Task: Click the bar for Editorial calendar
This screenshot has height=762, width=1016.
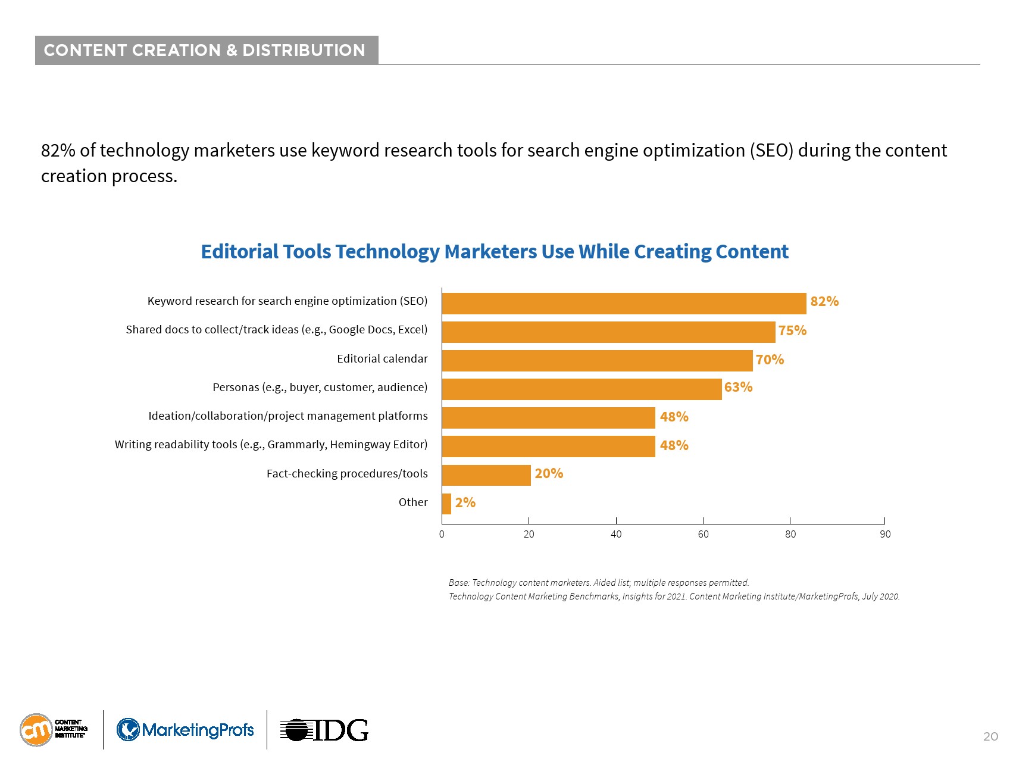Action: click(x=597, y=361)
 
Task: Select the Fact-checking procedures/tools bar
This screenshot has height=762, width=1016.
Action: click(x=486, y=475)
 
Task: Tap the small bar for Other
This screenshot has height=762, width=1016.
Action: click(x=446, y=504)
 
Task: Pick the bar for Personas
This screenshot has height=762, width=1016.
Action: click(x=582, y=389)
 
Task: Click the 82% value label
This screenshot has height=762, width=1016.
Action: click(x=824, y=301)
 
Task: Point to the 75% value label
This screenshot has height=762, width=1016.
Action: click(x=792, y=330)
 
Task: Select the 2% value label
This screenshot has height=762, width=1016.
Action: click(x=465, y=502)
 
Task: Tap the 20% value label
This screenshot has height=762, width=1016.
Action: click(x=549, y=473)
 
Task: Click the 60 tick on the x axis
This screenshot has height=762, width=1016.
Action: click(x=703, y=534)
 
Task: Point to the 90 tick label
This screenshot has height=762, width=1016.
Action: click(x=885, y=534)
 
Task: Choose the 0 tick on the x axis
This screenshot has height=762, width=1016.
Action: click(x=442, y=534)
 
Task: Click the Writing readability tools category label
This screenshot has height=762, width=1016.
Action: click(x=271, y=445)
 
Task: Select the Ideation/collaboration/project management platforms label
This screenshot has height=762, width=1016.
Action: click(x=287, y=416)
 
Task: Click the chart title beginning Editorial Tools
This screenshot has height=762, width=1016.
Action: click(x=495, y=252)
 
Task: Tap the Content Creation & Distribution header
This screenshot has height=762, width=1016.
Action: click(x=205, y=50)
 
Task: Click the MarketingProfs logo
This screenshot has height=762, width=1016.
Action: click(x=185, y=730)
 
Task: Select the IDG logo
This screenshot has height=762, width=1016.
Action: click(x=324, y=730)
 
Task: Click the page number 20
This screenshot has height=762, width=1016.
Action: click(x=990, y=736)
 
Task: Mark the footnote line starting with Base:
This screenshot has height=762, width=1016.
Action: click(x=598, y=583)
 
